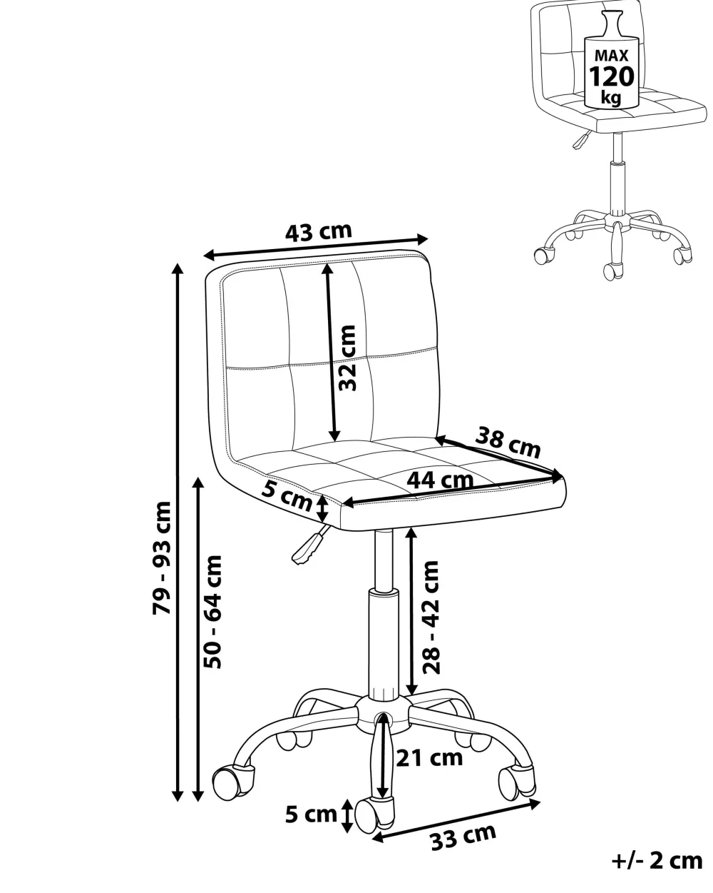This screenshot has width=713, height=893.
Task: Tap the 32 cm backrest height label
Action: tap(347, 358)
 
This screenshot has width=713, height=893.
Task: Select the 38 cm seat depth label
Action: tap(508, 443)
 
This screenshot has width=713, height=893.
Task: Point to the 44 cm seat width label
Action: tap(440, 480)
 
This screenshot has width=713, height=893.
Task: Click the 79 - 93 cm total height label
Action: tap(162, 558)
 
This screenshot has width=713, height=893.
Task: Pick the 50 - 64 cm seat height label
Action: tap(213, 612)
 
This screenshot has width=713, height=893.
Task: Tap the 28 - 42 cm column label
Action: tap(430, 617)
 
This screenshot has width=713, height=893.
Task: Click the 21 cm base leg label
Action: tap(429, 757)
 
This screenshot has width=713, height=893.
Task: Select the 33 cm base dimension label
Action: tap(463, 836)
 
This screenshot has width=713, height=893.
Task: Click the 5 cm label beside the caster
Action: tap(311, 814)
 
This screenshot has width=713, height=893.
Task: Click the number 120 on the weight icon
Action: tap(612, 76)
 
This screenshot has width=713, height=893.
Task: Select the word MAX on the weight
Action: tap(612, 55)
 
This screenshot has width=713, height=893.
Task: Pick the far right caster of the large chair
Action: tap(517, 780)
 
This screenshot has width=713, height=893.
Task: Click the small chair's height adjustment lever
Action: tap(582, 139)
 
